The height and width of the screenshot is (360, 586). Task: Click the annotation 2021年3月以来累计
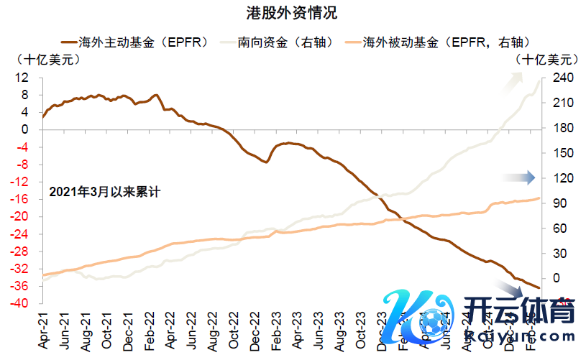coord(104,192)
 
